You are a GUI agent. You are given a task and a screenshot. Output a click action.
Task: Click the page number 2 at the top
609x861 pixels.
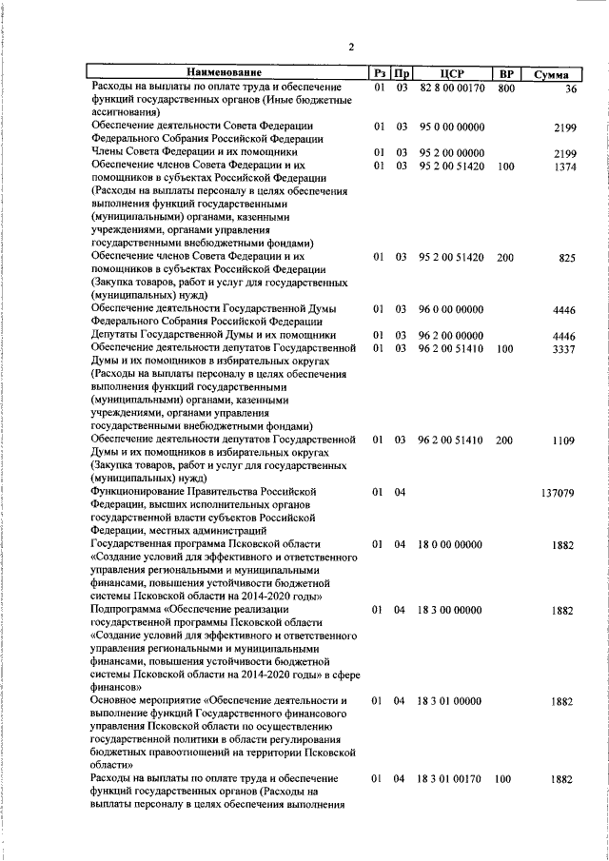tap(350, 47)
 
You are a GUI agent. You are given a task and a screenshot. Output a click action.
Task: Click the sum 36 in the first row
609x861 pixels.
tap(571, 89)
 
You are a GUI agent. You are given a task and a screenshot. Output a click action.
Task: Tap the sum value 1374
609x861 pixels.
tap(565, 166)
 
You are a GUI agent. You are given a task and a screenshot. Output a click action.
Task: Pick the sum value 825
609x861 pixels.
tap(568, 257)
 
